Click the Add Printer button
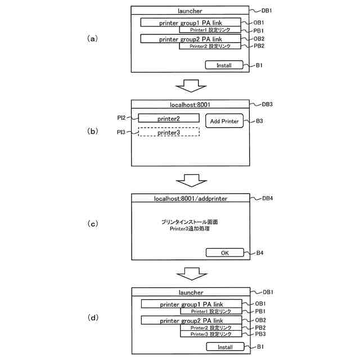224,121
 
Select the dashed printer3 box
169,132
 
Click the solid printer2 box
169,119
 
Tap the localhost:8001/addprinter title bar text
190,199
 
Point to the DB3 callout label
268,104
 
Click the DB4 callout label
268,198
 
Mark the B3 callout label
260,121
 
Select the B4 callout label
259,253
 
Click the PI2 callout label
121,118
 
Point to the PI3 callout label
121,132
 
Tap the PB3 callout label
260,334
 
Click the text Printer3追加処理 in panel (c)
190,229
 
